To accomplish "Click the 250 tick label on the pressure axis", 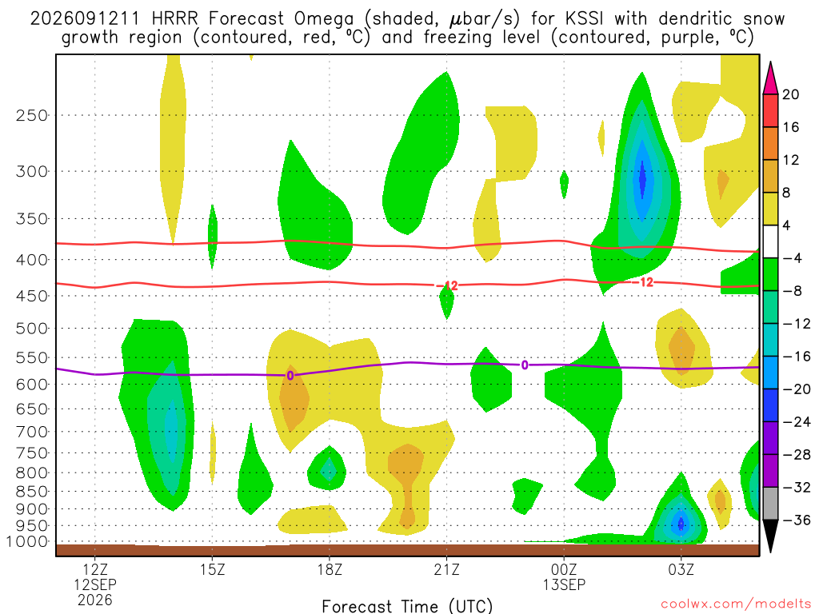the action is (x=32, y=115).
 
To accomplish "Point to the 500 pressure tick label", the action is (x=32, y=329).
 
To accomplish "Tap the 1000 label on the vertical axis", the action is (x=27, y=541).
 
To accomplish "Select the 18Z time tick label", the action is (x=330, y=568).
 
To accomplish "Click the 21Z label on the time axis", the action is (x=446, y=568).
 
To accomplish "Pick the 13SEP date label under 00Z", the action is (x=564, y=584).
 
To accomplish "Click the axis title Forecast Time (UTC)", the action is (x=407, y=606).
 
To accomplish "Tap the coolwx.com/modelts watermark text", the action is (x=736, y=604).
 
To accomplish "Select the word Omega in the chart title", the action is (x=324, y=20).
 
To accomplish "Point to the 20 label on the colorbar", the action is (x=790, y=94).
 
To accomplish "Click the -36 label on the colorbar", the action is (x=797, y=520).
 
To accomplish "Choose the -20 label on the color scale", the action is (x=797, y=389).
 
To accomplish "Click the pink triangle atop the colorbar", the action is (x=770, y=78).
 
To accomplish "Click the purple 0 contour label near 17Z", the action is (x=290, y=376).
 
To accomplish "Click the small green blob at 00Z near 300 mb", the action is (x=564, y=185).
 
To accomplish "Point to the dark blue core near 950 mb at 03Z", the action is (x=681, y=523).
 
